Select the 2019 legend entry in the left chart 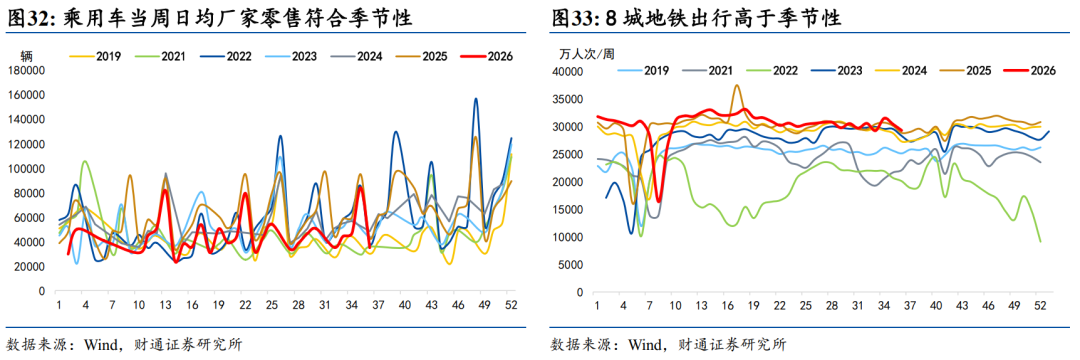point(96,57)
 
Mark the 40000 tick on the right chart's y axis point(569,72)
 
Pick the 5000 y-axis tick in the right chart point(572,265)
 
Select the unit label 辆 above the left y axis point(26,56)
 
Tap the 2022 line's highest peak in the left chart point(475,98)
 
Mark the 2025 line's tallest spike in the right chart point(737,85)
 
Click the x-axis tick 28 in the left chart point(293,305)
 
